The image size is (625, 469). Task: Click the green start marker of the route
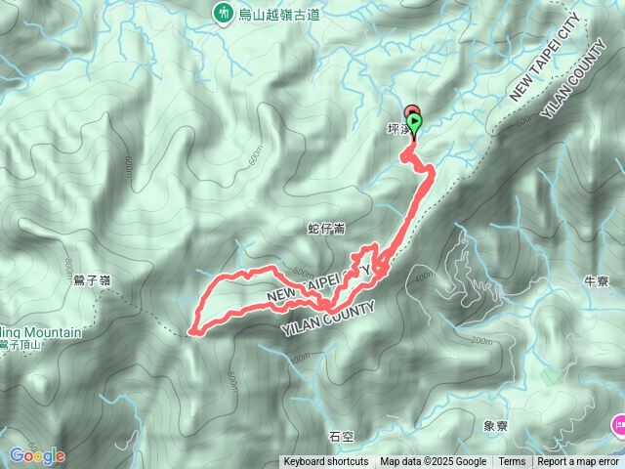[416, 124]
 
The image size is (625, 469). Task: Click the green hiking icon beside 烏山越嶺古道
[224, 13]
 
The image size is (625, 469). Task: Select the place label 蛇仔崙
[326, 229]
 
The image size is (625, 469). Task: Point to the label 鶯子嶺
[92, 280]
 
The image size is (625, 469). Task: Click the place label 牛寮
[596, 281]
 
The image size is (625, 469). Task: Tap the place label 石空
[342, 437]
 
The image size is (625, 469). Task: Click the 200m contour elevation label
[480, 341]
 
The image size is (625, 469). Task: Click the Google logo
[37, 455]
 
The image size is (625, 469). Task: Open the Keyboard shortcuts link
[326, 462]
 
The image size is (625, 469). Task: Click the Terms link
[512, 462]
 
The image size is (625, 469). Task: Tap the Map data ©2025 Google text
[433, 462]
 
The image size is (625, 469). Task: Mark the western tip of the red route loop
[190, 331]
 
